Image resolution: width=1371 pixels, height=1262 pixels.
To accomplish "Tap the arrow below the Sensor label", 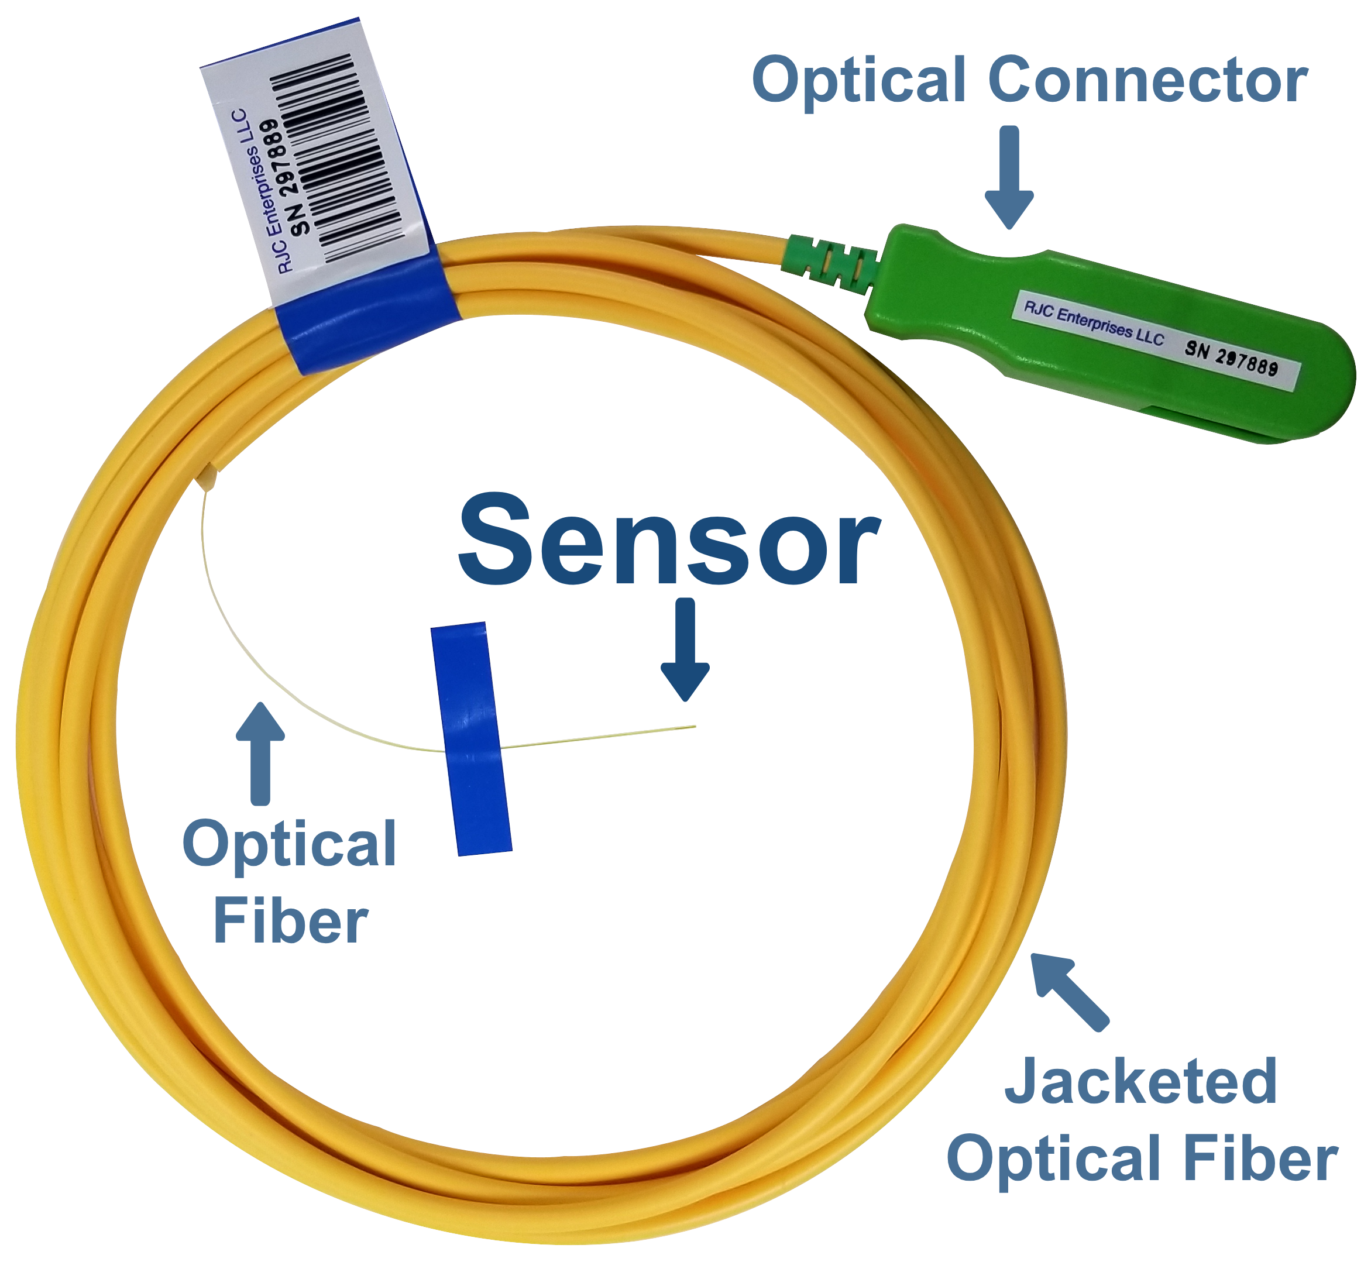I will click(685, 649).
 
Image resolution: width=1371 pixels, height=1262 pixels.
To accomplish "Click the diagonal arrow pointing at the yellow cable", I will click(1068, 989).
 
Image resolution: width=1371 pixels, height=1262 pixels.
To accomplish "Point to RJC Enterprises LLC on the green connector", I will click(1093, 324).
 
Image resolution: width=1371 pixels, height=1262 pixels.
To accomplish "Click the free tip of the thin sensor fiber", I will click(694, 726).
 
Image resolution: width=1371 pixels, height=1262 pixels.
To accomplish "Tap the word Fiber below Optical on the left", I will click(291, 922).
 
